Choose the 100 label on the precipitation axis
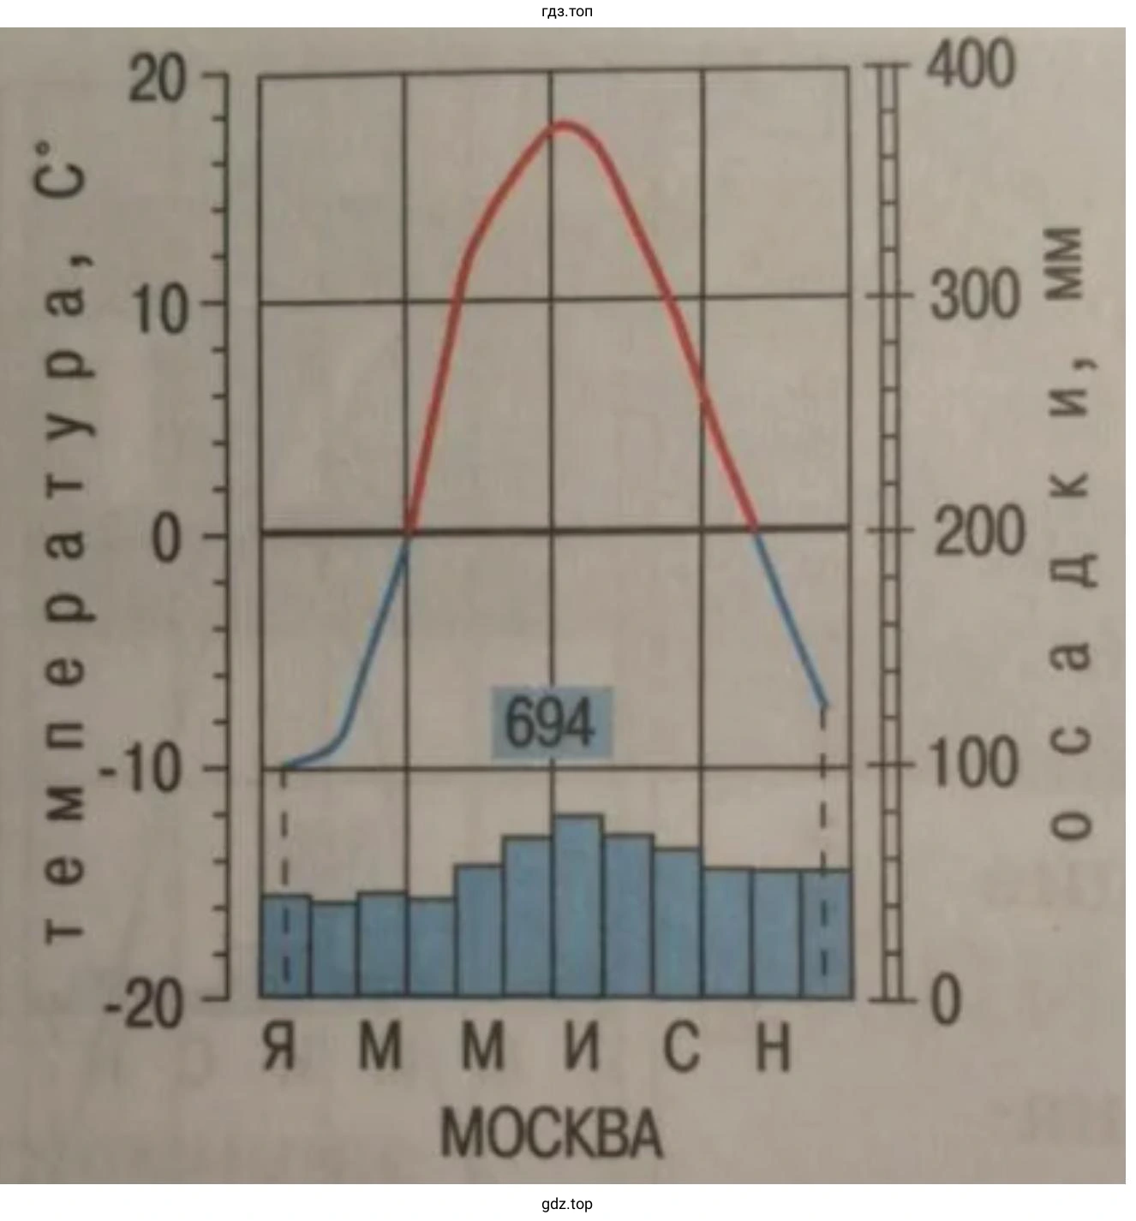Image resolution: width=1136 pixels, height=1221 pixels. coord(973,764)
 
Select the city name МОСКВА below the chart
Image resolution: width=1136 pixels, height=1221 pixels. coord(552,1134)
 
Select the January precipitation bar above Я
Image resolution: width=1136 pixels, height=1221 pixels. coord(285,945)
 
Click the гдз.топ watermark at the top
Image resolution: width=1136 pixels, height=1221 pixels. coord(567,11)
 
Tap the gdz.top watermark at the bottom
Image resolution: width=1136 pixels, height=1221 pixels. coord(567,1204)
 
